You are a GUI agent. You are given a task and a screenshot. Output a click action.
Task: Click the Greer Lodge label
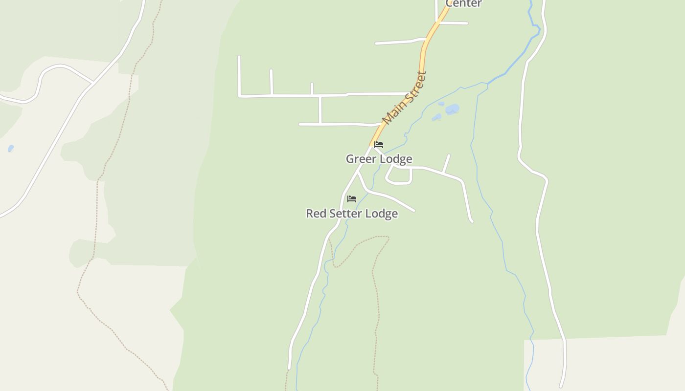[x=379, y=159]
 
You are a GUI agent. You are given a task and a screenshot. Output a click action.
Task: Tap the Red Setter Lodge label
[x=351, y=214]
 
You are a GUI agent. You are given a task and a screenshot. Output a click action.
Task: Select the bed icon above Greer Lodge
[x=379, y=145]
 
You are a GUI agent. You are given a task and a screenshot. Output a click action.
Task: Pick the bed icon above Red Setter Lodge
[x=351, y=199]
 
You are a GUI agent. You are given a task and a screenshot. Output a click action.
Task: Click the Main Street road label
[x=404, y=98]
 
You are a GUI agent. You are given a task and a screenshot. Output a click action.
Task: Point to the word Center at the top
[x=463, y=3]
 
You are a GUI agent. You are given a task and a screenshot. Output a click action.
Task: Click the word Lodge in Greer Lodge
[x=395, y=159]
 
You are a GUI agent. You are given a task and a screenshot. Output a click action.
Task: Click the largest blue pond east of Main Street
[x=452, y=109]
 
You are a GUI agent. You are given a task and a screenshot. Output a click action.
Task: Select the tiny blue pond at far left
[x=11, y=149]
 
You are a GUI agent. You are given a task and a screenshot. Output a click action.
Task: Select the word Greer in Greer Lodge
[x=361, y=159]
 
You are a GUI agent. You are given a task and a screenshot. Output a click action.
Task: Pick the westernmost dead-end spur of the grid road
[x=239, y=73]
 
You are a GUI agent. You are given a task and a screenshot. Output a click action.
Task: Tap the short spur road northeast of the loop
[x=446, y=163]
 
